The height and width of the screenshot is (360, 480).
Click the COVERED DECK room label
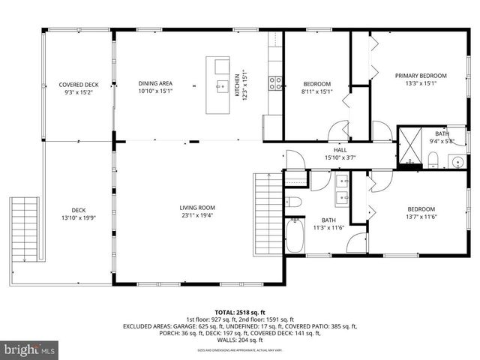[x=79, y=85]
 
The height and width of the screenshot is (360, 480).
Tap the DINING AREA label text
[x=155, y=83]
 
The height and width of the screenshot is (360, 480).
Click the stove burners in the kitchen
[x=275, y=82]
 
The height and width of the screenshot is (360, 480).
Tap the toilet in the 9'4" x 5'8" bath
[x=434, y=158]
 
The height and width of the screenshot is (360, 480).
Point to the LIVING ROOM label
[x=196, y=208]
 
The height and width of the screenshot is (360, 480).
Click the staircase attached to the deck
[x=25, y=229]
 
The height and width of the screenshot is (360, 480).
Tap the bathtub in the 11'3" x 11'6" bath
[x=295, y=239]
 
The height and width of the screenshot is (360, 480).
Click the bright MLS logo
[x=30, y=349]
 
